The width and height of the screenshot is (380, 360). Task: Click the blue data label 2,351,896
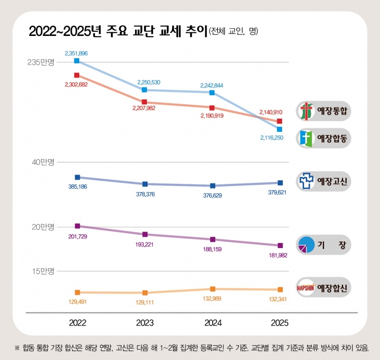76,53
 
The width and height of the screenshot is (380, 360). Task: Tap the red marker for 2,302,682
77,75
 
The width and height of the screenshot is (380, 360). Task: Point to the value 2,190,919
212,116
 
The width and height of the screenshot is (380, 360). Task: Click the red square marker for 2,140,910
279,121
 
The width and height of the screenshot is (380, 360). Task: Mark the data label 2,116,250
272,138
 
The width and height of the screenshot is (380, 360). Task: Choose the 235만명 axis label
41,62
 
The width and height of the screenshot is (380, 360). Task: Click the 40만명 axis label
43,162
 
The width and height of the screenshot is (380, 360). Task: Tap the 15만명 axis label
43,271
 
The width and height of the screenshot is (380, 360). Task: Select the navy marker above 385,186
77,177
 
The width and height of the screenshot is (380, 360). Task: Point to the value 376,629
212,196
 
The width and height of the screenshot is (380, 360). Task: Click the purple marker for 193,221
145,234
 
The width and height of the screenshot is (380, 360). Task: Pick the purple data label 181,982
278,255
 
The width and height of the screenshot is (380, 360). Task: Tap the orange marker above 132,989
213,289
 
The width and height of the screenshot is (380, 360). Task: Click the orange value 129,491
77,302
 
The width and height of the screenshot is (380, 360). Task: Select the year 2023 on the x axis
145,323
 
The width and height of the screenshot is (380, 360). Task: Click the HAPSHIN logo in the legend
306,288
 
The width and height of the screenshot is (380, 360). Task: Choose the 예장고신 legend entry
324,181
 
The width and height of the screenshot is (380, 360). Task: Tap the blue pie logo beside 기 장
306,245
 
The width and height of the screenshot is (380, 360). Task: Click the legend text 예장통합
332,111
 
